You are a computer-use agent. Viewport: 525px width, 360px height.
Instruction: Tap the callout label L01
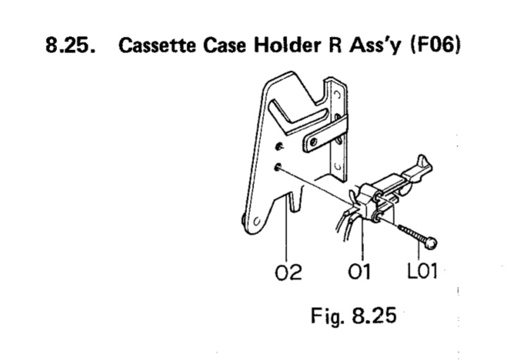coord(422,270)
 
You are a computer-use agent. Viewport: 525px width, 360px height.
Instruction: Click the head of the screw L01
coord(431,243)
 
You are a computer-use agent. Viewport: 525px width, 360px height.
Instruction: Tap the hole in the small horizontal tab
coord(309,145)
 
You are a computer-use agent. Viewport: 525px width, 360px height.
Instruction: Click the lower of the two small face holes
coord(279,167)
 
